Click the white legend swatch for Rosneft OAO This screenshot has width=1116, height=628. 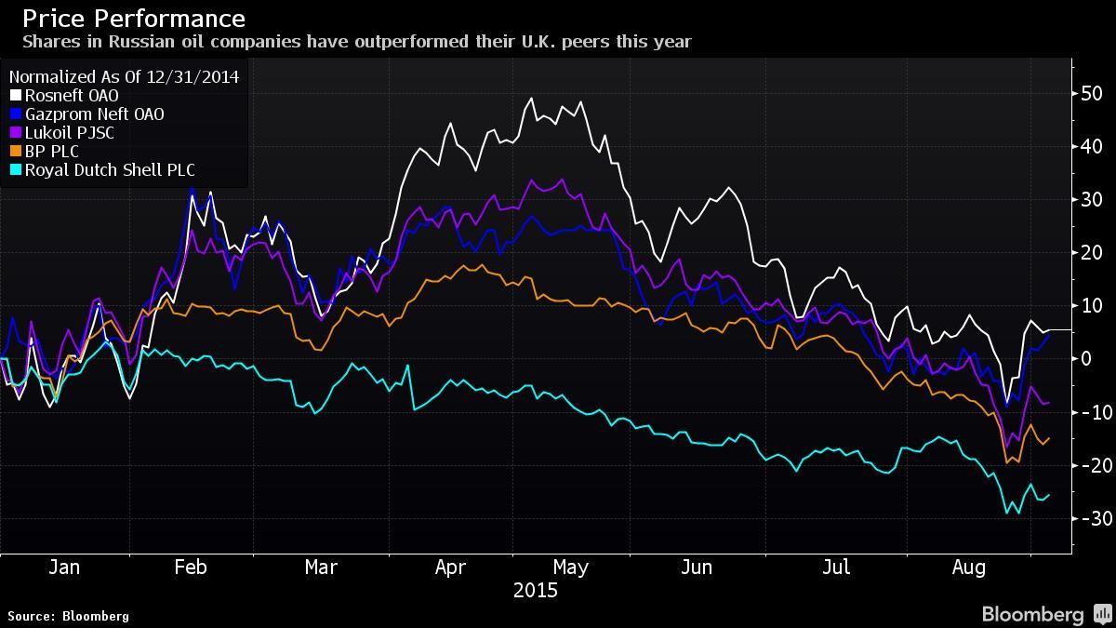coord(16,96)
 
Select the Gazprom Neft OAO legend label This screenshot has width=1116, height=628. coord(94,114)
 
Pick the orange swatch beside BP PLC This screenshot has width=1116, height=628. coord(16,152)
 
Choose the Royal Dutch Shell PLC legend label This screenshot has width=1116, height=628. coord(110,170)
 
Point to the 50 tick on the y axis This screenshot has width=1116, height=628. coord(1091,94)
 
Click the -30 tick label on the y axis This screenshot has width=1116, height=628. coord(1088,518)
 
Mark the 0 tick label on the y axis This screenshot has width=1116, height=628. coord(1085,359)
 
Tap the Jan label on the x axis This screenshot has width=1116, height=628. coord(63,568)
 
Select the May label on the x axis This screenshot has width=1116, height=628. coord(571,568)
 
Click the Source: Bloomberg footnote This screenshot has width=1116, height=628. coord(68,616)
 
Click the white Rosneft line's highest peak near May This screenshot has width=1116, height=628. coord(531,99)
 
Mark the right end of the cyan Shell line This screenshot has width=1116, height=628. coord(1050,494)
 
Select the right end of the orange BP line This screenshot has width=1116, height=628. coord(1050,438)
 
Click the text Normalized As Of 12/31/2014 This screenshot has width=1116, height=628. coord(124,77)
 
